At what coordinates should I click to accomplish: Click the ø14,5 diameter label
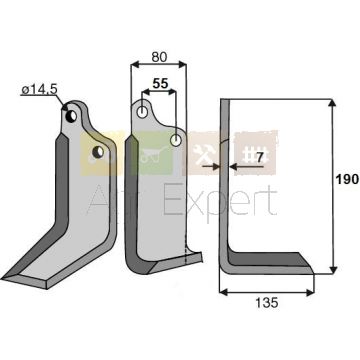coord(39,90)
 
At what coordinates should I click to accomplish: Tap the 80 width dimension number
coord(159,57)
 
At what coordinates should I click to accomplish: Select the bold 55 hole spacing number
coord(160,84)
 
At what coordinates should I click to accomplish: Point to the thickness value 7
coord(259,156)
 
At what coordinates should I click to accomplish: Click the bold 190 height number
coord(347,180)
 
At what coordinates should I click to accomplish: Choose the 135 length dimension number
coord(267,303)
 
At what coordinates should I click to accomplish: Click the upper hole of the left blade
coord(71,116)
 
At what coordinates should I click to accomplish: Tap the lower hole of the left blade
coord(98,152)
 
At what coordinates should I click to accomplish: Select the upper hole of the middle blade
coord(143,112)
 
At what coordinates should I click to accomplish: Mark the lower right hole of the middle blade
coord(176,140)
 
